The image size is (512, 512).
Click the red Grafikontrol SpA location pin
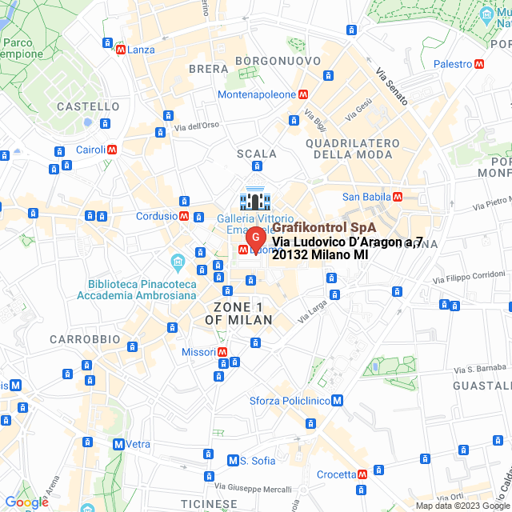click(254, 238)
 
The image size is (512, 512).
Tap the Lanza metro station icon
click(121, 50)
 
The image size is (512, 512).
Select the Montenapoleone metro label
click(257, 94)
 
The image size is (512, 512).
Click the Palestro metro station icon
click(479, 64)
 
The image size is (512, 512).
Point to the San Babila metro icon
click(397, 197)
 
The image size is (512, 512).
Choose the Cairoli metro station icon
click(113, 149)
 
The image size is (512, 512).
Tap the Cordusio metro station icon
click(184, 216)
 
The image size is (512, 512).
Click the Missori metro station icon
click(222, 352)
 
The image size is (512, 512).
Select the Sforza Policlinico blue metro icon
click(338, 400)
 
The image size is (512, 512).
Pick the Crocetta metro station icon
click(363, 474)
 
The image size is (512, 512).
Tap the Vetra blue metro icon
click(118, 444)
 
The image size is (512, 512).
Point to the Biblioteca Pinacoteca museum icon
click(177, 262)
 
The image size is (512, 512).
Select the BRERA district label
click(208, 69)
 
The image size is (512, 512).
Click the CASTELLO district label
click(88, 106)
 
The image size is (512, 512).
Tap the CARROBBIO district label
click(85, 339)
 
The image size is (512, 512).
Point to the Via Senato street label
click(392, 87)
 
